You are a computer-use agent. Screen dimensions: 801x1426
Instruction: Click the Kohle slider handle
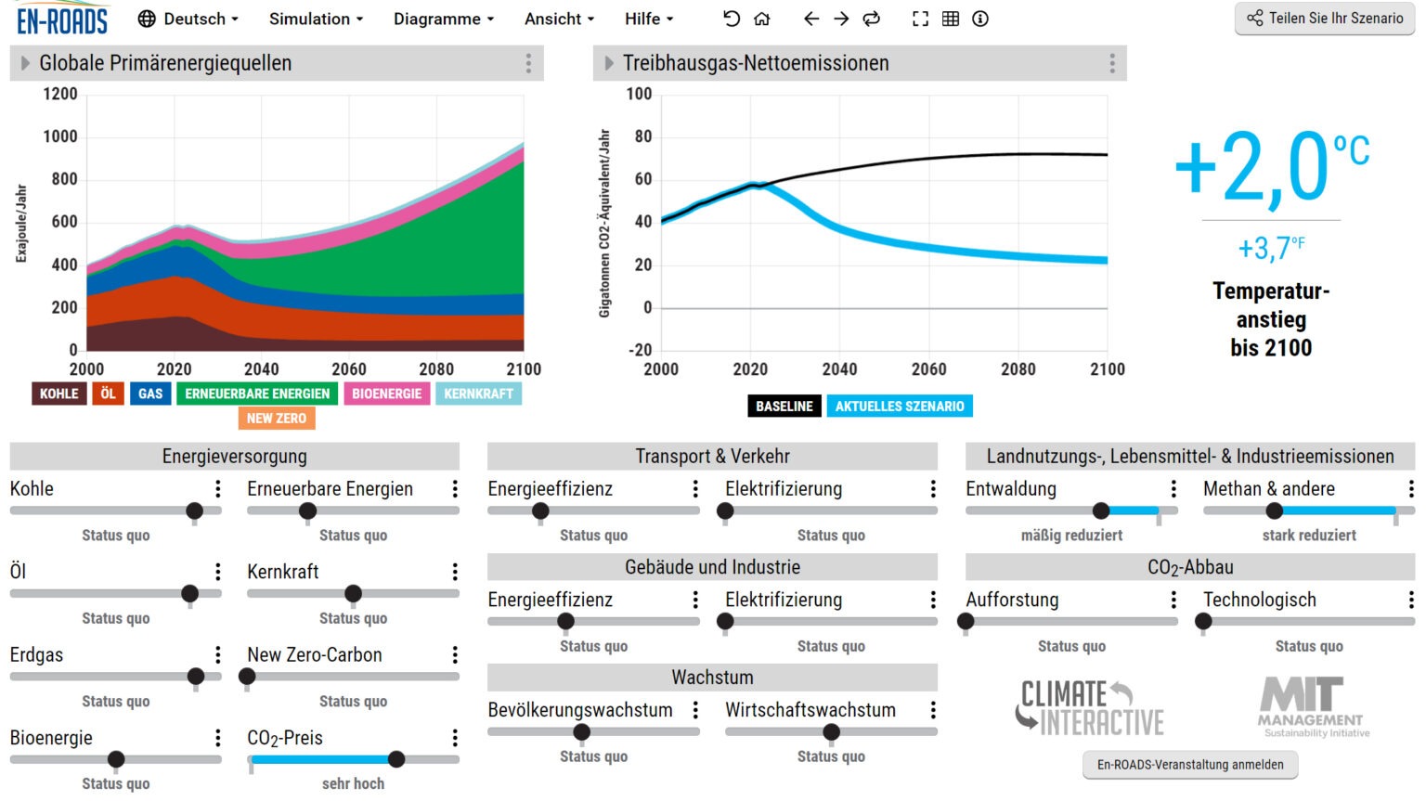[194, 510]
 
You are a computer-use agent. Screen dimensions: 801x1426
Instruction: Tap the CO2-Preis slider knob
[396, 759]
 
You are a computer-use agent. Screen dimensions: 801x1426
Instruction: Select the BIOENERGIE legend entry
[386, 394]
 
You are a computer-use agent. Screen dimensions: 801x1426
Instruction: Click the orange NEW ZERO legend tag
[277, 419]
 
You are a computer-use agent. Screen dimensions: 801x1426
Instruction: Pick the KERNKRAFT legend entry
[478, 394]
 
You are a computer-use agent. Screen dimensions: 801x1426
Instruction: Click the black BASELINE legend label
[784, 406]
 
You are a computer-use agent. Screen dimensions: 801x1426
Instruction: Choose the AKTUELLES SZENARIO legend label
[899, 406]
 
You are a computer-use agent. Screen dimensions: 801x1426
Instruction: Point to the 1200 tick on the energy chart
[60, 94]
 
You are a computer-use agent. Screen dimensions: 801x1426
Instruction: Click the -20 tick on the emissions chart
[639, 350]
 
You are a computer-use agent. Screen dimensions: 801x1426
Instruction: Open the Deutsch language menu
[188, 19]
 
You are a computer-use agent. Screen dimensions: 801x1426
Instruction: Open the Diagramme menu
[443, 19]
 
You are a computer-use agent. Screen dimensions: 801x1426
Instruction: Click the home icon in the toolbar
[762, 19]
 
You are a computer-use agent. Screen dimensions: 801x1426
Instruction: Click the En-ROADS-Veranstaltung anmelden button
[1190, 765]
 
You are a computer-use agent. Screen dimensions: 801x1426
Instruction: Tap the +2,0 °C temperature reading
[1270, 167]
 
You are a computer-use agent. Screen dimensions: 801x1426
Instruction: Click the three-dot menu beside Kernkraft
[455, 572]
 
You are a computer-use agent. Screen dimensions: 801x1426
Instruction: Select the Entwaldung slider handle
[1101, 510]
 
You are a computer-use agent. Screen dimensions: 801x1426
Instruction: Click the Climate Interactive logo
[1090, 707]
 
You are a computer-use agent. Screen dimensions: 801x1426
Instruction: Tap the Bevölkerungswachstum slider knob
[582, 731]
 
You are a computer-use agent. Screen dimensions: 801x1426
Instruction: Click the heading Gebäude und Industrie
[712, 567]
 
